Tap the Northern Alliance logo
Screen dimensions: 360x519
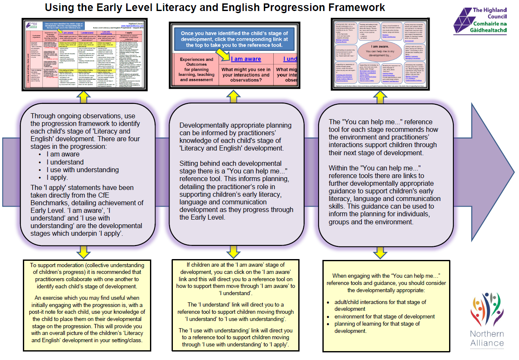click(x=487, y=320)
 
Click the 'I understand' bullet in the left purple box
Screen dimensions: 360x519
click(x=65, y=162)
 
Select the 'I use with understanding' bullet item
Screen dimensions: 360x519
click(x=83, y=170)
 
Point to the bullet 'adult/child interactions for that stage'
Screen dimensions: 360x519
click(x=380, y=305)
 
